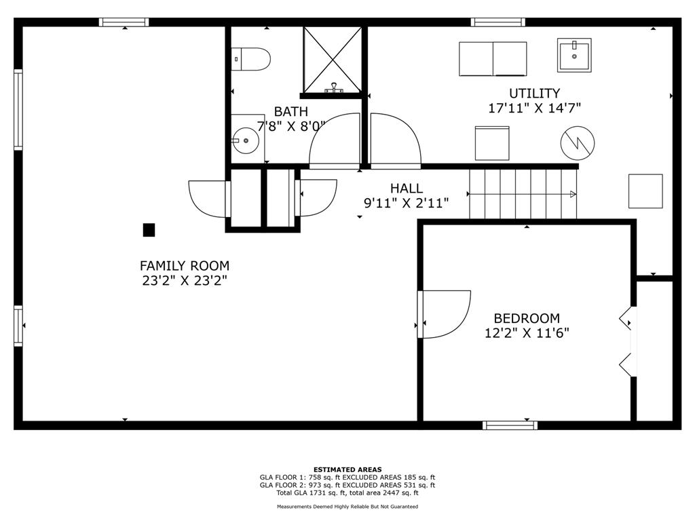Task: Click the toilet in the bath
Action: click(x=250, y=59)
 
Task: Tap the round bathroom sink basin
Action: click(x=246, y=140)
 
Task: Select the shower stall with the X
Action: click(x=333, y=60)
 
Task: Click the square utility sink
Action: click(x=574, y=55)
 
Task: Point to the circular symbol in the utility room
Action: click(x=577, y=142)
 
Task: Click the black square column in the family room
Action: click(x=149, y=230)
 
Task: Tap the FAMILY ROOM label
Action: click(x=185, y=266)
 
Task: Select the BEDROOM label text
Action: click(x=527, y=318)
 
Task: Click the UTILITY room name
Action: click(x=534, y=93)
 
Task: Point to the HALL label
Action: click(x=407, y=189)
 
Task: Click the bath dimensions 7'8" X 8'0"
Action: click(x=291, y=126)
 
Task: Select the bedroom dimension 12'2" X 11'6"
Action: click(x=527, y=332)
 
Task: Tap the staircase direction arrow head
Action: click(x=573, y=194)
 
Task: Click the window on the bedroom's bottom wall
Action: click(x=510, y=425)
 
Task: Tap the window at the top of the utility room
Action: click(x=497, y=22)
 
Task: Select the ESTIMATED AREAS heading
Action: click(x=347, y=469)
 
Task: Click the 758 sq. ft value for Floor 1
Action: click(x=321, y=478)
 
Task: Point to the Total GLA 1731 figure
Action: click(x=312, y=493)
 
